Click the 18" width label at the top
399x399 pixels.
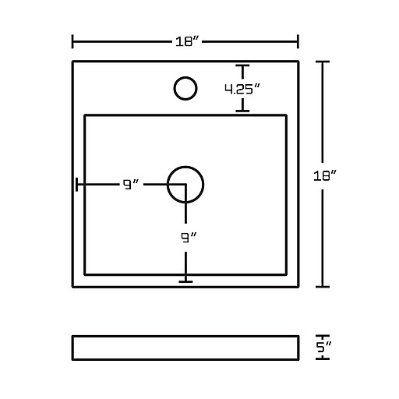[187, 41]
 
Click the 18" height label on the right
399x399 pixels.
[325, 176]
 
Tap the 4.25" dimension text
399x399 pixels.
[242, 89]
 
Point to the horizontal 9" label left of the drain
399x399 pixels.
[131, 185]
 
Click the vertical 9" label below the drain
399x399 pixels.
[189, 238]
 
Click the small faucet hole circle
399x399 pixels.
[185, 88]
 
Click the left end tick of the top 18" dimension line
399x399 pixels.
[72, 41]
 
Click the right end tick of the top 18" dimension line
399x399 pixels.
[298, 41]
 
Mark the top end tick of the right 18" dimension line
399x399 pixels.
[323, 62]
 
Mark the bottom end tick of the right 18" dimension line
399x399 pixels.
[323, 287]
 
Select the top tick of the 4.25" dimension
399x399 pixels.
[242, 65]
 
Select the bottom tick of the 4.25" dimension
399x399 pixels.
[242, 111]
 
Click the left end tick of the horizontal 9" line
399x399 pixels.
[76, 185]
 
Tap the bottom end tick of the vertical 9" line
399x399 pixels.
[185, 281]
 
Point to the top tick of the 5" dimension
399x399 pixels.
[323, 336]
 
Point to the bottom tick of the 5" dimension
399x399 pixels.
[323, 358]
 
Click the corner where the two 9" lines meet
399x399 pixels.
[185, 185]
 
